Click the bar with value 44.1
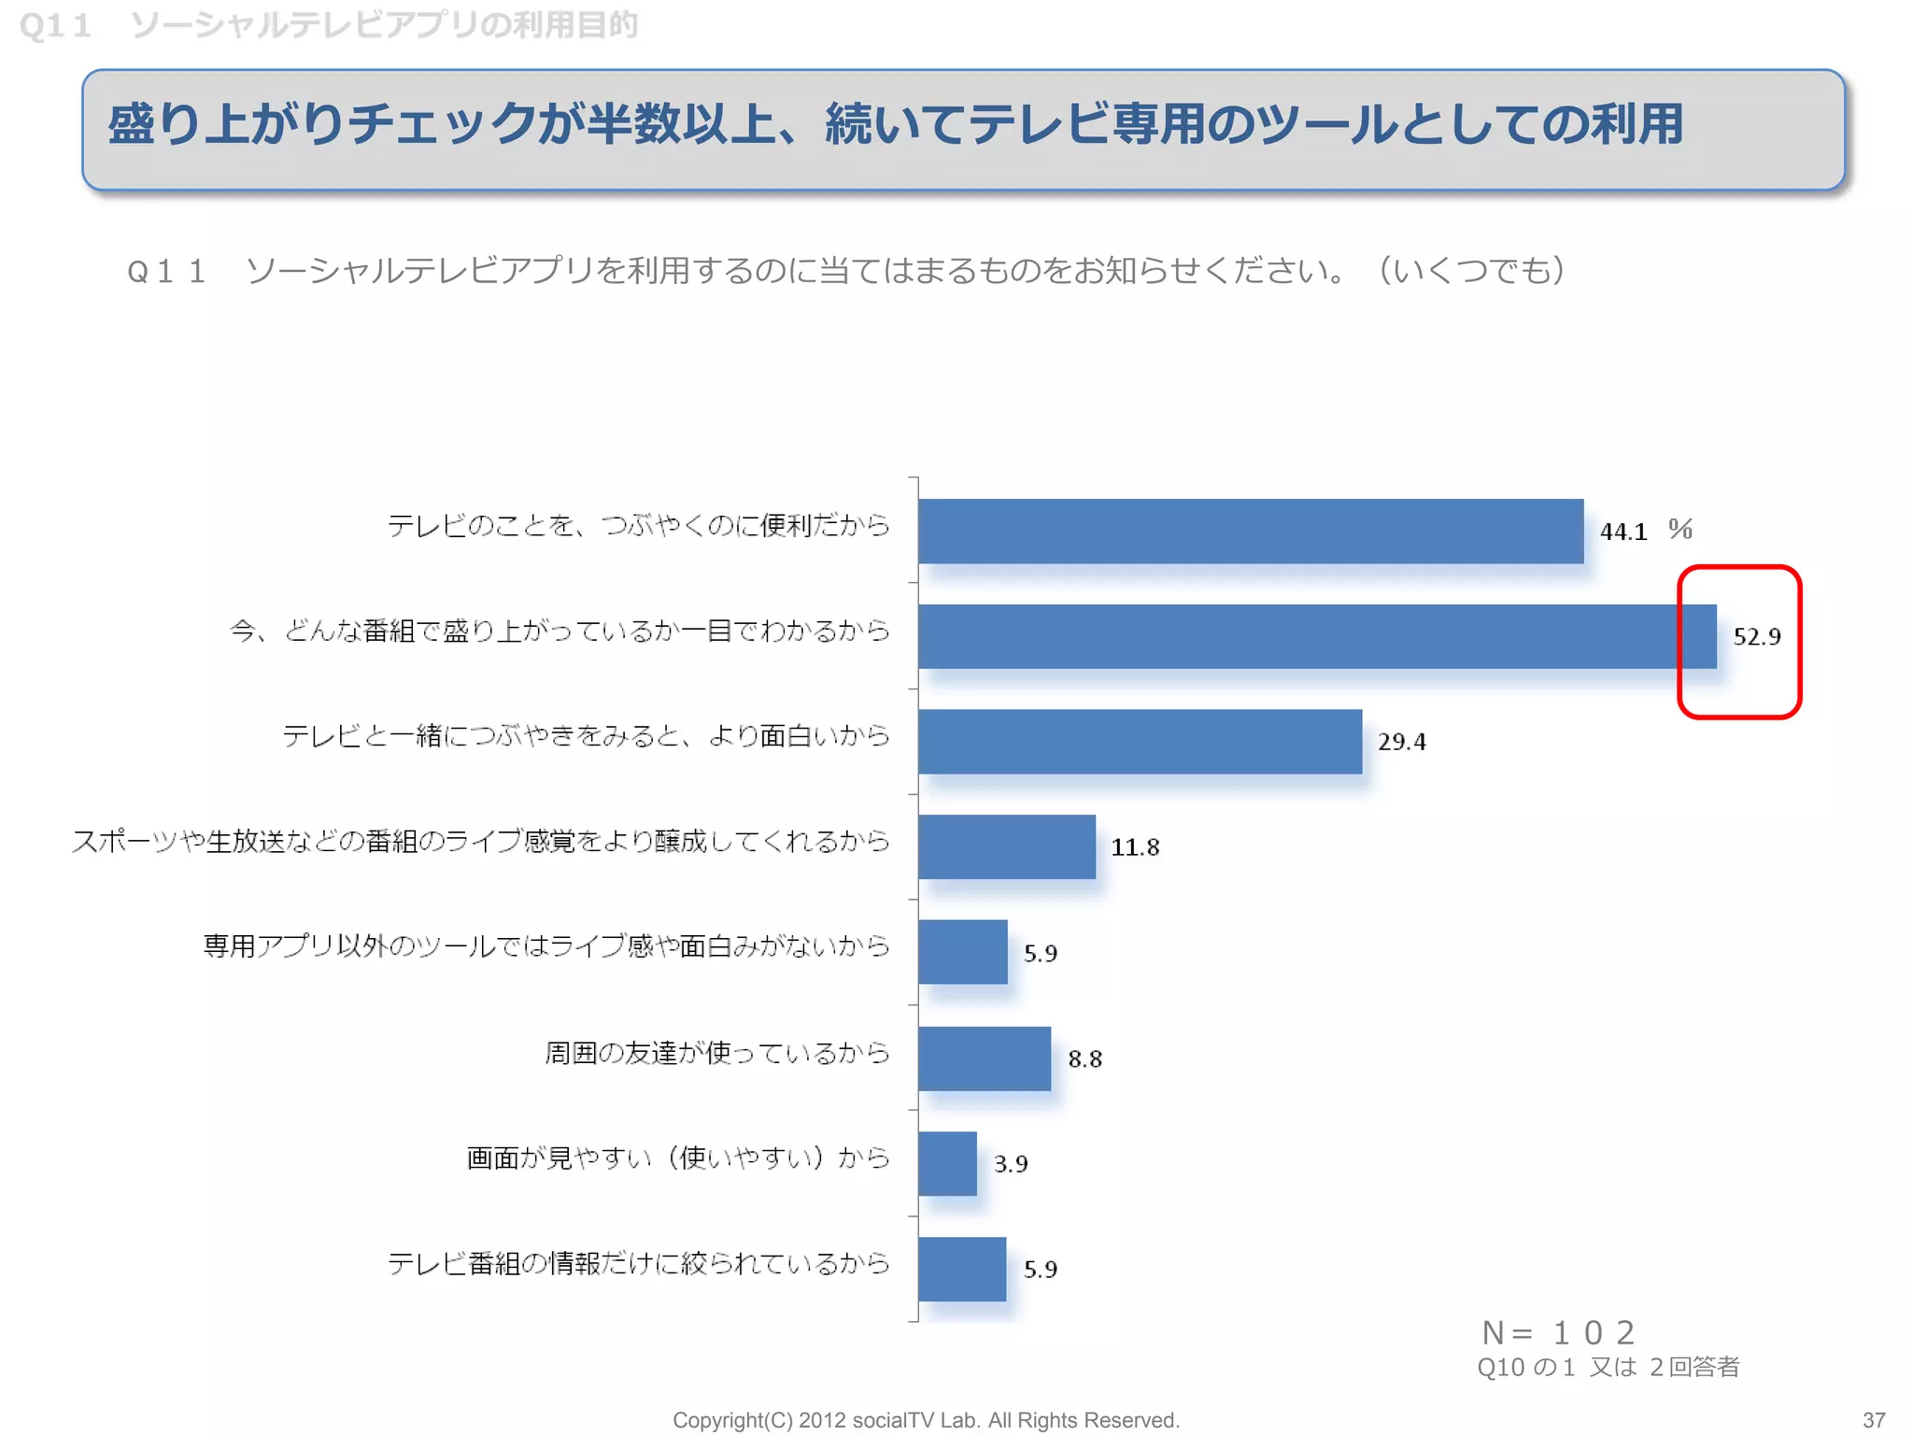click(x=1250, y=531)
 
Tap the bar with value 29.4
click(x=1140, y=742)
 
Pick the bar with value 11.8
click(x=1006, y=846)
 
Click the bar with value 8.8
click(x=984, y=1058)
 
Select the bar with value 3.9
click(x=947, y=1163)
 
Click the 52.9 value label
click(x=1756, y=637)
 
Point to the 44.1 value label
click(x=1623, y=532)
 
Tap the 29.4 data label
click(x=1401, y=742)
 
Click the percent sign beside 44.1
click(x=1680, y=530)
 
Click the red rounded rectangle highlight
click(x=1739, y=570)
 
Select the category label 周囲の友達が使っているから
click(x=716, y=1053)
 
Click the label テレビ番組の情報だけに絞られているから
click(x=638, y=1263)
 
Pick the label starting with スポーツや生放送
click(x=480, y=841)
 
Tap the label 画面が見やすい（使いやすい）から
click(x=677, y=1158)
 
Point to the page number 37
click(x=1873, y=1419)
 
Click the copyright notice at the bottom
click(x=926, y=1420)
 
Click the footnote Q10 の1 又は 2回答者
click(x=1608, y=1367)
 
